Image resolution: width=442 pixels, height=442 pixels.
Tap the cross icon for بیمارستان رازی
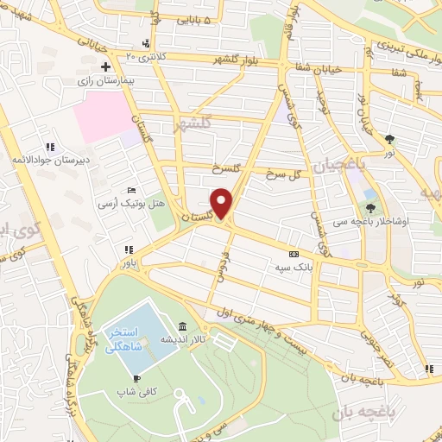pos(105,66)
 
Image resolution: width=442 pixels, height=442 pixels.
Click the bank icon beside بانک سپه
pos(294,254)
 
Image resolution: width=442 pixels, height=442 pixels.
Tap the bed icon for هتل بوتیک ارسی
pos(130,190)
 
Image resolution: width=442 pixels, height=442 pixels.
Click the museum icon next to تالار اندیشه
pos(182,326)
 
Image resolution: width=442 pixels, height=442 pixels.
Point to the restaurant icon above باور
pos(128,250)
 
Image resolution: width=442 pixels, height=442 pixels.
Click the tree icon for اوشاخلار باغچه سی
pos(372,207)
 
